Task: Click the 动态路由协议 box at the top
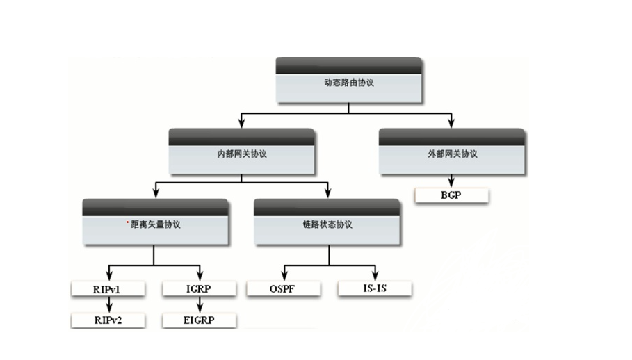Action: pyautogui.click(x=349, y=81)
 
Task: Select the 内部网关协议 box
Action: pyautogui.click(x=241, y=154)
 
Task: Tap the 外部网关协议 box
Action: pyautogui.click(x=452, y=154)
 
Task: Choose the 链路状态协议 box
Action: pyautogui.click(x=327, y=224)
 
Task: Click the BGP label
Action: pyautogui.click(x=451, y=196)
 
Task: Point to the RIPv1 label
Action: pyautogui.click(x=108, y=288)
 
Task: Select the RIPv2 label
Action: pyautogui.click(x=108, y=320)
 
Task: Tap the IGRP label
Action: pyautogui.click(x=200, y=288)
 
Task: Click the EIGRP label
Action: pyautogui.click(x=200, y=320)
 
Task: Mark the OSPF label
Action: pyautogui.click(x=284, y=288)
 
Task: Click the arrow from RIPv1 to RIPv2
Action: pyautogui.click(x=108, y=304)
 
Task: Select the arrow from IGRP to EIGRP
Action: pyautogui.click(x=200, y=304)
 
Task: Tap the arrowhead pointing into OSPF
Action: pyautogui.click(x=284, y=276)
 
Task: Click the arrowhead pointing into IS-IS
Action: pyautogui.click(x=375, y=276)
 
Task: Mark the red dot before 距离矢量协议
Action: pyautogui.click(x=127, y=222)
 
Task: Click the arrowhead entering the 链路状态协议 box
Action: pyautogui.click(x=327, y=194)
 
